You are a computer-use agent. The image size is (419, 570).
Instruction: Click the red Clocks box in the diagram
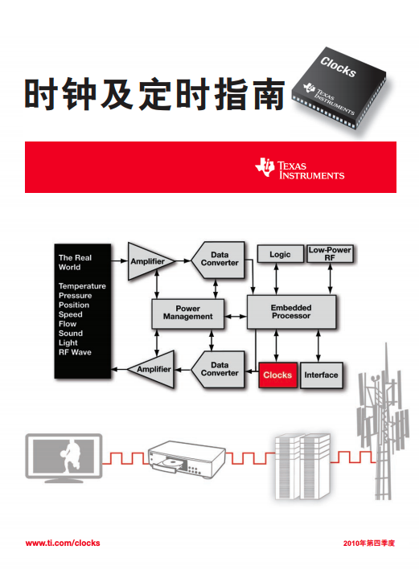click(277, 375)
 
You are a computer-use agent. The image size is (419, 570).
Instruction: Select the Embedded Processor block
click(291, 312)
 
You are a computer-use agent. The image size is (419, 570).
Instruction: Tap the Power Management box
click(187, 314)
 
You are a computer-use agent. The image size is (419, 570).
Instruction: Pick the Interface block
click(322, 375)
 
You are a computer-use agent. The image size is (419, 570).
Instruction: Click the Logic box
click(280, 254)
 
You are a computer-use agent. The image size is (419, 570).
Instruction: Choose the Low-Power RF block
click(330, 254)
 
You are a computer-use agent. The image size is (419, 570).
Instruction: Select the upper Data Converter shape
click(218, 260)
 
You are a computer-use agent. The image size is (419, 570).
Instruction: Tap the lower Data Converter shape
click(218, 369)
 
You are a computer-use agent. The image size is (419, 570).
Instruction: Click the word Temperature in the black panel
click(82, 286)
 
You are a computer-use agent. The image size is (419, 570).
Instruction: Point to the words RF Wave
click(75, 352)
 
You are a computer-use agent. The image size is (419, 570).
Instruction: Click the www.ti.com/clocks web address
click(63, 543)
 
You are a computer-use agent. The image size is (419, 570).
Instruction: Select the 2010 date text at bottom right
click(369, 543)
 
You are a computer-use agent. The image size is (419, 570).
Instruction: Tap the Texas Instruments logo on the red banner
click(300, 169)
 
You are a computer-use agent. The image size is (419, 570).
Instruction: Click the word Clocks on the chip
click(338, 67)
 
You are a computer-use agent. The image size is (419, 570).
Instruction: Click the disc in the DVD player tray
click(171, 463)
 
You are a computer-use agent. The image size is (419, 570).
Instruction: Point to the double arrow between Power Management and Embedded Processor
click(236, 316)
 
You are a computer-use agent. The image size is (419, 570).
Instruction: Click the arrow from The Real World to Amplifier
click(119, 260)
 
